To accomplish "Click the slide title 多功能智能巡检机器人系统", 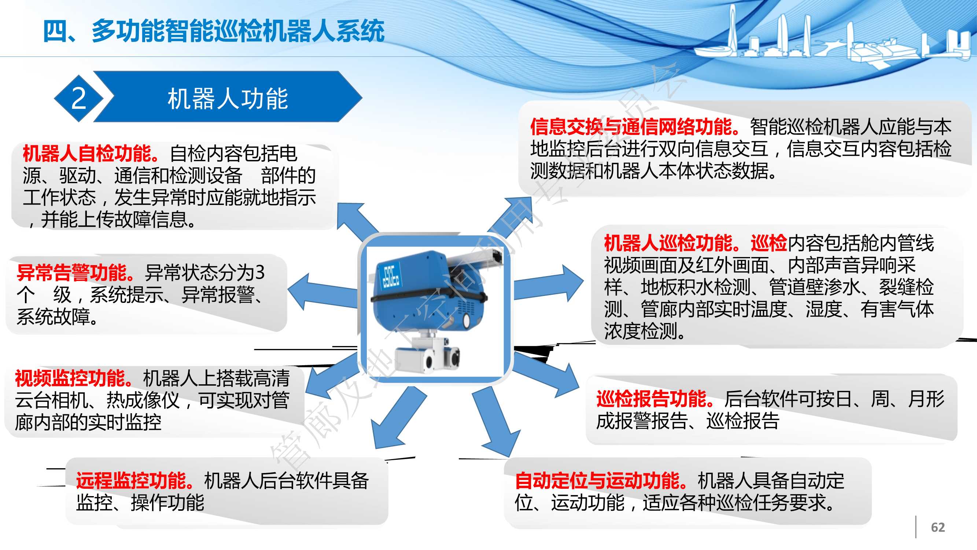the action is point(238,31).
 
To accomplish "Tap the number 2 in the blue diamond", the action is point(79,98).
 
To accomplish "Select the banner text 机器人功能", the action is point(228,99).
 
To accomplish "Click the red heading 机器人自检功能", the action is point(91,153).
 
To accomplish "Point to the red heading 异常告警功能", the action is point(75,272).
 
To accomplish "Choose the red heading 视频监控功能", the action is point(74,378).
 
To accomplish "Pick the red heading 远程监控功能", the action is point(134,481).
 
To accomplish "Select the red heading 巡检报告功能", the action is point(655,399).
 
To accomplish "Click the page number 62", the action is point(937,527).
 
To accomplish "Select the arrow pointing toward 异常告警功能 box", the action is point(322,293).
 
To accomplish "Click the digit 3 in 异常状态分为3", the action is point(260,272).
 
